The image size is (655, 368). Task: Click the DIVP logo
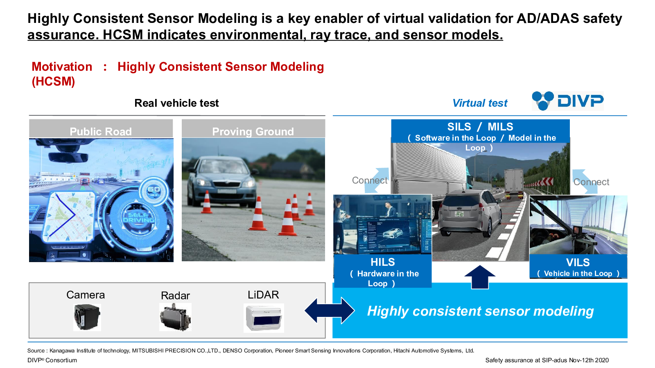click(x=567, y=101)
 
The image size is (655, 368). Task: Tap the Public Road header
click(x=101, y=131)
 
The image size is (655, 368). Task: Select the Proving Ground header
click(x=253, y=131)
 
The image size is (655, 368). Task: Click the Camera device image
click(x=87, y=317)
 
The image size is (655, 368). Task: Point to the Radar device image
click(x=175, y=317)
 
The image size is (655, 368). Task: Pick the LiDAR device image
click(x=264, y=318)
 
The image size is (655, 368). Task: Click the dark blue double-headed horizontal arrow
click(x=330, y=310)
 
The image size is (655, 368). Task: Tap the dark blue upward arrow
click(x=480, y=277)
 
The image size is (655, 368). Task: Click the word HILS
click(x=383, y=262)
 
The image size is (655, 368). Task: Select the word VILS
click(x=578, y=262)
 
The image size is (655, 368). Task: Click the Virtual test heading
click(x=480, y=103)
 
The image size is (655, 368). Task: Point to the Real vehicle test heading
click(x=176, y=103)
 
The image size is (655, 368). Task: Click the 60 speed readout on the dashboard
click(x=154, y=189)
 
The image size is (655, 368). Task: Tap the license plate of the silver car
click(x=459, y=215)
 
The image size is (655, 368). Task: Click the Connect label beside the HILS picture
click(x=370, y=180)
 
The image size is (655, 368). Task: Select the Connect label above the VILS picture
click(x=591, y=182)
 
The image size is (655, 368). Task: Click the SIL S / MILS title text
click(x=480, y=127)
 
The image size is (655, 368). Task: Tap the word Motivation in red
click(x=62, y=67)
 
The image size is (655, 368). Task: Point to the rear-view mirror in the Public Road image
click(x=68, y=157)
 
